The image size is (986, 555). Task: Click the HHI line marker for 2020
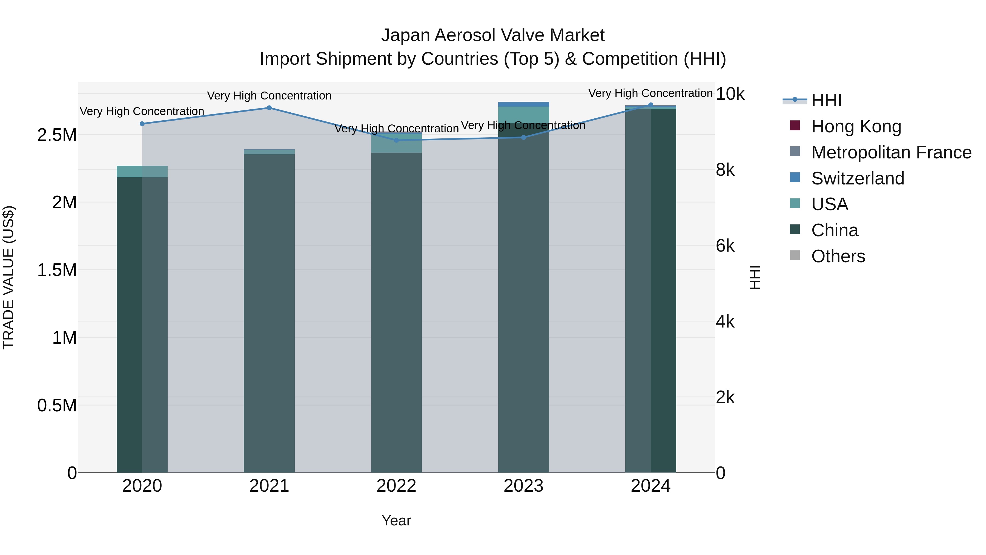point(142,124)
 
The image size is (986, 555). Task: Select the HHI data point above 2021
point(269,108)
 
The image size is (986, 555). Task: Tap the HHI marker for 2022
point(397,140)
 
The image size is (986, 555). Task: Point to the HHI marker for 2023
point(524,137)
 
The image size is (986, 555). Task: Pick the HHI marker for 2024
point(651,105)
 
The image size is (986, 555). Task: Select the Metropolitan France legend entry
point(891,152)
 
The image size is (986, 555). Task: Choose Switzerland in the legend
point(857,178)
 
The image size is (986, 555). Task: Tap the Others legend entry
point(838,256)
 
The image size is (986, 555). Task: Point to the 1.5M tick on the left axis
point(57,270)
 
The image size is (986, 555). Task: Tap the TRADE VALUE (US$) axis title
point(8,277)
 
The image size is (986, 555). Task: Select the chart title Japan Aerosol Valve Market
point(493,35)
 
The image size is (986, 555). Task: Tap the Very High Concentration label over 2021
point(269,95)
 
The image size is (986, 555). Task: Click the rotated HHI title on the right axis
point(755,277)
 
